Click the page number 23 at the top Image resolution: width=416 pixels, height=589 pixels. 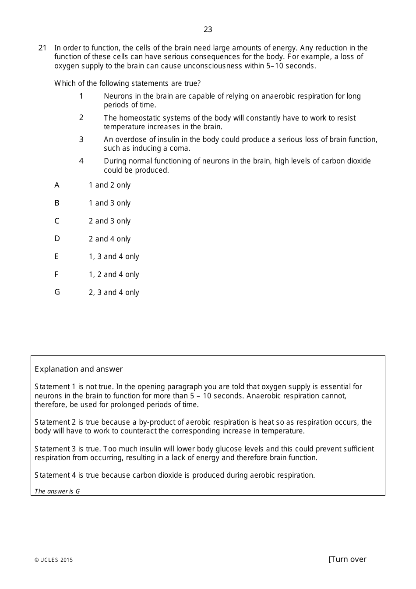[x=208, y=29]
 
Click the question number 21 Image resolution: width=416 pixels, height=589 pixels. [x=42, y=48]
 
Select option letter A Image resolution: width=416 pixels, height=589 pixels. [x=57, y=185]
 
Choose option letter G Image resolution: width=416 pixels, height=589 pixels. [x=57, y=292]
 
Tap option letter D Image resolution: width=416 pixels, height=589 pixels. [x=57, y=238]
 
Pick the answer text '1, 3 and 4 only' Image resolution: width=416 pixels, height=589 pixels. [x=114, y=256]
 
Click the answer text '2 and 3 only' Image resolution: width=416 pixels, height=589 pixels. [x=109, y=221]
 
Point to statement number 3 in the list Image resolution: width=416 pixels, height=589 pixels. [x=81, y=139]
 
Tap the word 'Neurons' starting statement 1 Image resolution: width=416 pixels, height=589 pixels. [x=117, y=96]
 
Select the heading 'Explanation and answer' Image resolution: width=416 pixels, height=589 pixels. [x=78, y=369]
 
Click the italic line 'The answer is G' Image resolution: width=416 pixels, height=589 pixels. [x=57, y=491]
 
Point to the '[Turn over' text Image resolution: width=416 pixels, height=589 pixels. [x=347, y=559]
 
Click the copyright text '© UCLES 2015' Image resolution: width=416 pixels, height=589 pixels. [x=53, y=560]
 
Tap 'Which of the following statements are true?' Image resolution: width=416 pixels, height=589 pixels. [x=127, y=83]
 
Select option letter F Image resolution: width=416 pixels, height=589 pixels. [x=56, y=274]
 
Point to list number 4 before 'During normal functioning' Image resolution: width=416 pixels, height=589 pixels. [x=81, y=161]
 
